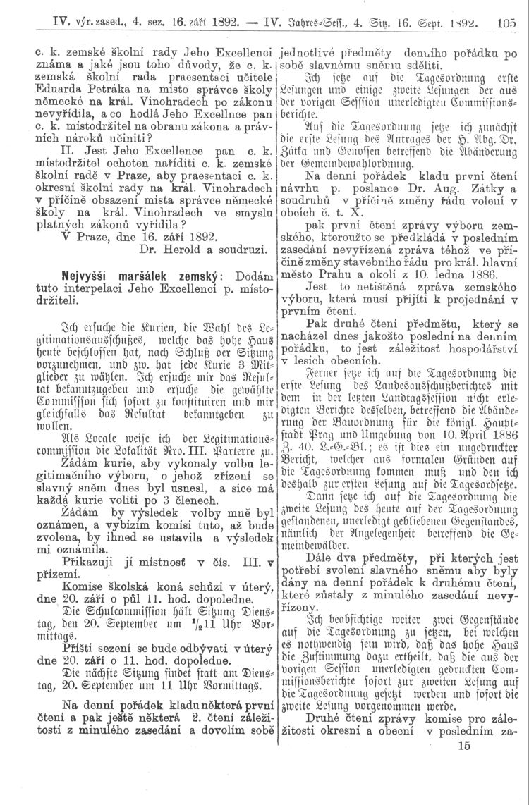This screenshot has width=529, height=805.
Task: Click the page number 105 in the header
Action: (505, 22)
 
